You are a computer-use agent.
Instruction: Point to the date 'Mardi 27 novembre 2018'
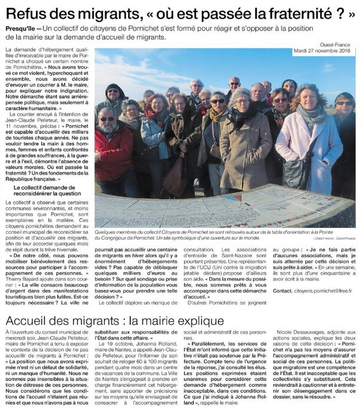tap(324, 50)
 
